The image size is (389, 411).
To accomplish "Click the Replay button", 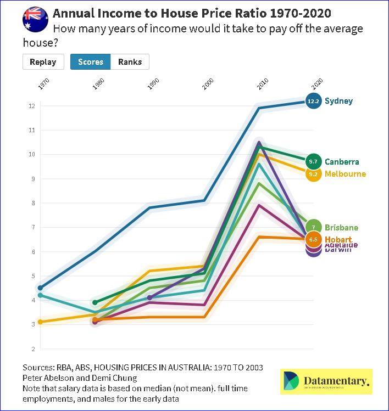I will (x=43, y=62).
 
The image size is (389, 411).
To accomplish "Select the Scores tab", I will (x=91, y=62).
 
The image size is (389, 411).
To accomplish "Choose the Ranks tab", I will (x=130, y=62).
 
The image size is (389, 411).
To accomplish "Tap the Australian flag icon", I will (x=35, y=19).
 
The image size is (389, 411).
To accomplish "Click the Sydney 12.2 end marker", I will (x=313, y=101).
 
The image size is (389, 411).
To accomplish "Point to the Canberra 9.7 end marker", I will (x=313, y=162).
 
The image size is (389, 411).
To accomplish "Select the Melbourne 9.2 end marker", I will (x=313, y=174).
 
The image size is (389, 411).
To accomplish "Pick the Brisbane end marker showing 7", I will (x=313, y=227).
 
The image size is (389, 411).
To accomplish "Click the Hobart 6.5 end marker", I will (x=313, y=239).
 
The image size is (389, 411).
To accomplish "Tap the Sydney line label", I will (x=338, y=101).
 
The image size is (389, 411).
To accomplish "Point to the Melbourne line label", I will (x=345, y=174).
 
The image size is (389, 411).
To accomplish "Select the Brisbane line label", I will (x=341, y=227).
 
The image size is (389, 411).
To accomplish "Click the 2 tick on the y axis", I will (x=34, y=348).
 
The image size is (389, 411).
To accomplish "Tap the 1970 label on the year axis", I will (x=45, y=84).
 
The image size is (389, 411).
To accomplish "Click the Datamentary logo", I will (x=326, y=381).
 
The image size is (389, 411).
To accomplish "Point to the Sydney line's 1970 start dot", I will (x=40, y=288).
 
